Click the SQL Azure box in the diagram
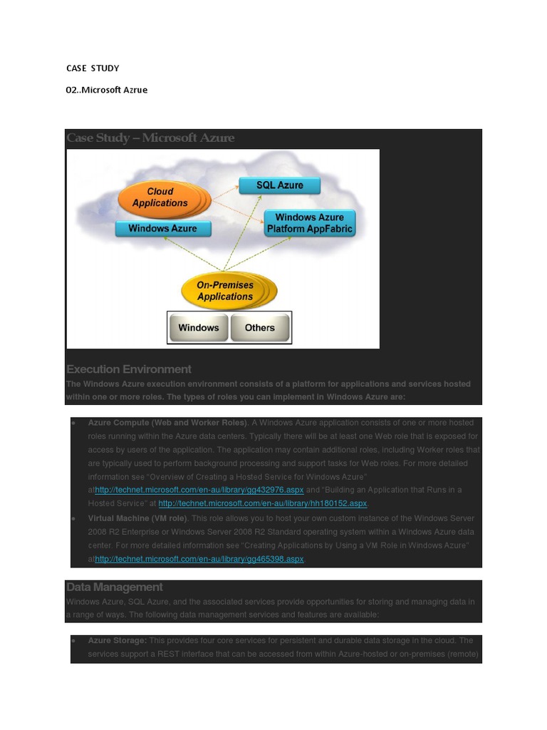tap(280, 185)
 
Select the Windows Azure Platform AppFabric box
tap(309, 223)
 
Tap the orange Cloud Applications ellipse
tap(160, 197)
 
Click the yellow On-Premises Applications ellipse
tap(225, 291)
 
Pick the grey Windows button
tap(199, 328)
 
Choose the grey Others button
tap(259, 328)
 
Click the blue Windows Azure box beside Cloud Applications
tap(163, 229)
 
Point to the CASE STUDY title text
tap(93, 68)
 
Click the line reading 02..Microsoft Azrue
tap(107, 90)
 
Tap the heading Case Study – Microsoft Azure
tap(150, 138)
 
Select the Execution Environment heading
tap(129, 369)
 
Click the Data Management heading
tap(115, 587)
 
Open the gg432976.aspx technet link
tap(199, 490)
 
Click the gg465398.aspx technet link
tap(199, 559)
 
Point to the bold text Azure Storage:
tap(118, 641)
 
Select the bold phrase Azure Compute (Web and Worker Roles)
tap(167, 423)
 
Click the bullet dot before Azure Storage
tap(75, 641)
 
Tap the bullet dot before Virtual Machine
tap(75, 518)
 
